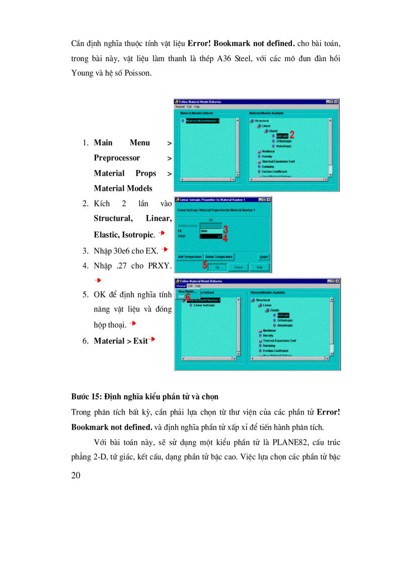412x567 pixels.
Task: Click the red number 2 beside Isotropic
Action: click(291, 135)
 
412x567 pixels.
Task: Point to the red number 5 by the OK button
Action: click(205, 264)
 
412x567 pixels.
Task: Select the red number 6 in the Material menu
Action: click(188, 298)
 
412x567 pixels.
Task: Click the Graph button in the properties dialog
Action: click(263, 257)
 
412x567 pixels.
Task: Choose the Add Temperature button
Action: click(189, 257)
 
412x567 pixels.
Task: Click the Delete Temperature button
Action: click(219, 257)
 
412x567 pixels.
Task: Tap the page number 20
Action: click(77, 476)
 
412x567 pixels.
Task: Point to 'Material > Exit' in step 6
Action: click(121, 341)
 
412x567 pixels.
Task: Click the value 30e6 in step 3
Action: click(120, 250)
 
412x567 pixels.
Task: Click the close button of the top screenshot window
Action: click(336, 101)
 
